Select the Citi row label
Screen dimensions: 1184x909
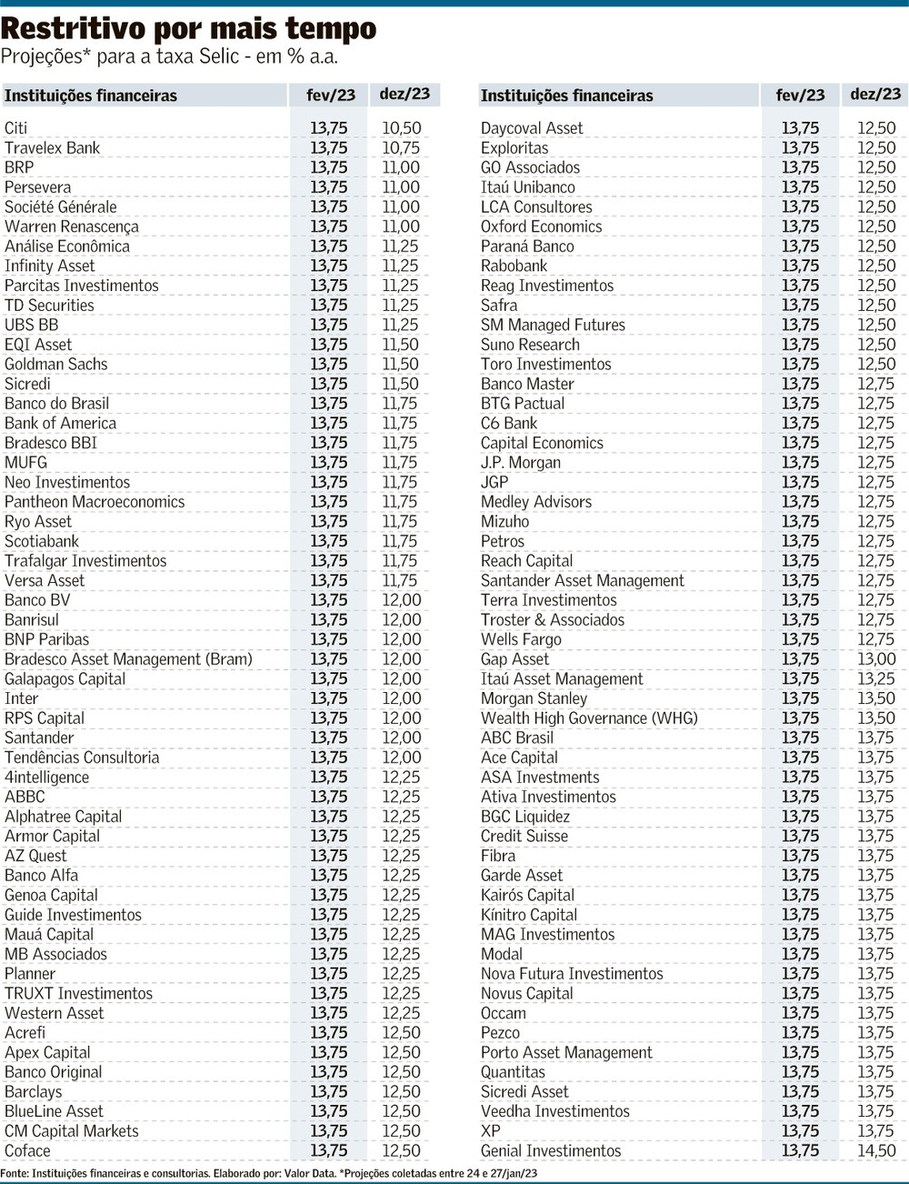(16, 128)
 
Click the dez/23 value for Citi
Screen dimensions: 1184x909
(401, 128)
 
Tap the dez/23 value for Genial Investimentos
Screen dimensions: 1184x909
(876, 1150)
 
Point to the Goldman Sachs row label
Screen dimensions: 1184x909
(56, 364)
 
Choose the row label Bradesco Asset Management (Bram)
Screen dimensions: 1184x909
(128, 659)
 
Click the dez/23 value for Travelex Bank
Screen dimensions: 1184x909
(401, 147)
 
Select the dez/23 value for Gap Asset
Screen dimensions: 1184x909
(876, 659)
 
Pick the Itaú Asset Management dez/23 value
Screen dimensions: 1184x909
(876, 678)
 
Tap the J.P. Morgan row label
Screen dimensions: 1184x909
(521, 462)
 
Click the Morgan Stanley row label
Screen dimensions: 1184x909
(534, 698)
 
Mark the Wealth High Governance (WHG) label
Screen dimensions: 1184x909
(589, 718)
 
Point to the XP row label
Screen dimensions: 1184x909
(491, 1131)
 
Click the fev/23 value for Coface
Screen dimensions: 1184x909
(328, 1150)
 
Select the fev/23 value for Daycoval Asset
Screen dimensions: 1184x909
(800, 128)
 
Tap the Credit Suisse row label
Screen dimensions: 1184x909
(524, 836)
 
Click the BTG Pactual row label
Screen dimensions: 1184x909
(523, 403)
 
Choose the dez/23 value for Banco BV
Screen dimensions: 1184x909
(401, 600)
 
